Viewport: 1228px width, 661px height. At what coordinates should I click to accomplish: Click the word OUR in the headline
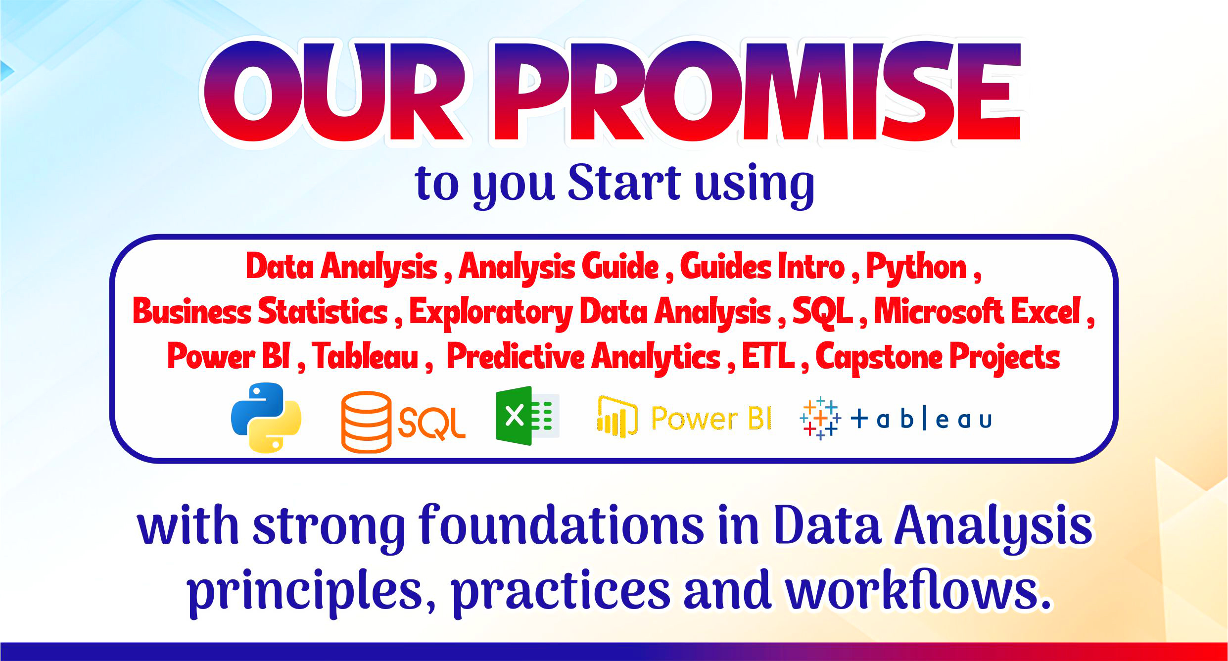(x=334, y=91)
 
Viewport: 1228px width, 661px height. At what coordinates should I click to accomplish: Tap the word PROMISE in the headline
(x=757, y=91)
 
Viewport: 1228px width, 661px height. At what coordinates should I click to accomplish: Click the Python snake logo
(x=266, y=418)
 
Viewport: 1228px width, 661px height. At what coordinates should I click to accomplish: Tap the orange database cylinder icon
(x=366, y=422)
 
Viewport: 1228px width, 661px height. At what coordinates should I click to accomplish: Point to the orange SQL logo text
(x=431, y=424)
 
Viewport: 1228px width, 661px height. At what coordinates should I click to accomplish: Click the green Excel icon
(x=527, y=416)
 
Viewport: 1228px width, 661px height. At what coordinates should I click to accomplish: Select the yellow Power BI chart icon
(x=617, y=417)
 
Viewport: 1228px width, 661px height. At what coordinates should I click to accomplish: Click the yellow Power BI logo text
(x=711, y=418)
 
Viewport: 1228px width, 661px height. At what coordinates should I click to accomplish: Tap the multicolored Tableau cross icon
(x=820, y=418)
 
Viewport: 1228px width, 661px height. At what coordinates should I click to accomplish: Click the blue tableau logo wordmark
(x=921, y=420)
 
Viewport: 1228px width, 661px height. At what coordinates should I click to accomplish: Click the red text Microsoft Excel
(x=977, y=312)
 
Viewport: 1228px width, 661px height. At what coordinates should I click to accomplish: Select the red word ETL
(x=768, y=356)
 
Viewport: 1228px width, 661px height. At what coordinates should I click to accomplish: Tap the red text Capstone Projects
(x=938, y=357)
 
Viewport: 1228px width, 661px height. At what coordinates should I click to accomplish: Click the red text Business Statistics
(x=260, y=312)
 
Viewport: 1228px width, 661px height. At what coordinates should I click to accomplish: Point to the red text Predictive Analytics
(x=583, y=357)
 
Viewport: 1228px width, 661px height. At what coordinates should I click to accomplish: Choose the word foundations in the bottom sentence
(x=561, y=525)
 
